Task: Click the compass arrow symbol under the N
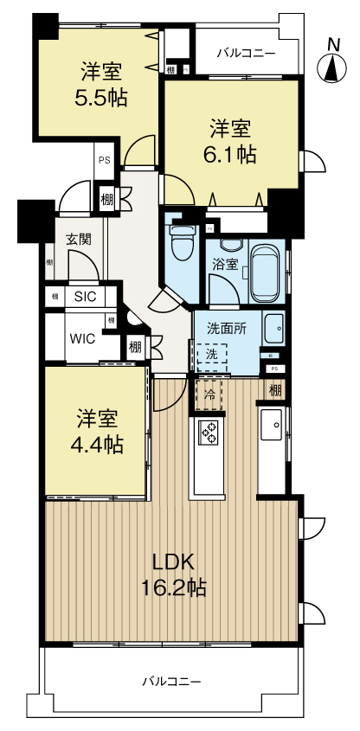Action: [332, 69]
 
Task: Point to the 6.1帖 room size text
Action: [230, 156]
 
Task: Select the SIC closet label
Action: [85, 296]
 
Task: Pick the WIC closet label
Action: [84, 338]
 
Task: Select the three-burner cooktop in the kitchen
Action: [209, 432]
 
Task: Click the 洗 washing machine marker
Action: [211, 356]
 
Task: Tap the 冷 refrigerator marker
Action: [209, 393]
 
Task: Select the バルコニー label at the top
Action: [246, 54]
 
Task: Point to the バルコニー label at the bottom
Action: [172, 682]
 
